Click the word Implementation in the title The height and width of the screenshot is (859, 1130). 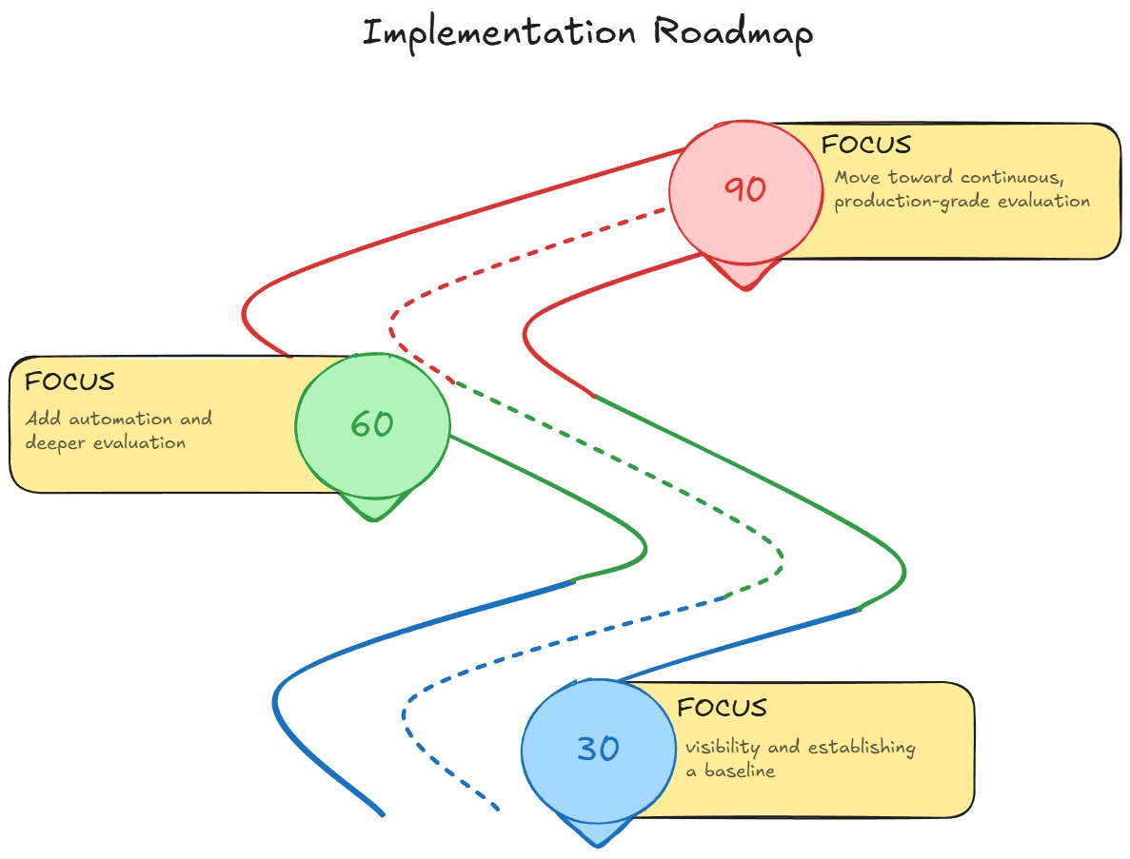[499, 32]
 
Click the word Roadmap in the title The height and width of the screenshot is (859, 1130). [733, 32]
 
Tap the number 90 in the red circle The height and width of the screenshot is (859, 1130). [744, 189]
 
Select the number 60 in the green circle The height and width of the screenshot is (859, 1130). [371, 423]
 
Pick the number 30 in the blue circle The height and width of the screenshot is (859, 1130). [598, 749]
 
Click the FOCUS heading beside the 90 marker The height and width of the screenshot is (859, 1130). [866, 145]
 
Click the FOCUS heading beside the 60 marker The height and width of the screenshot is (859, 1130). [69, 381]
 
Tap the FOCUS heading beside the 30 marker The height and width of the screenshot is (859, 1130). [722, 708]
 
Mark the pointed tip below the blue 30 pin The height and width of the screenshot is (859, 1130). [597, 843]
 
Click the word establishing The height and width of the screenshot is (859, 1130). [862, 747]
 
